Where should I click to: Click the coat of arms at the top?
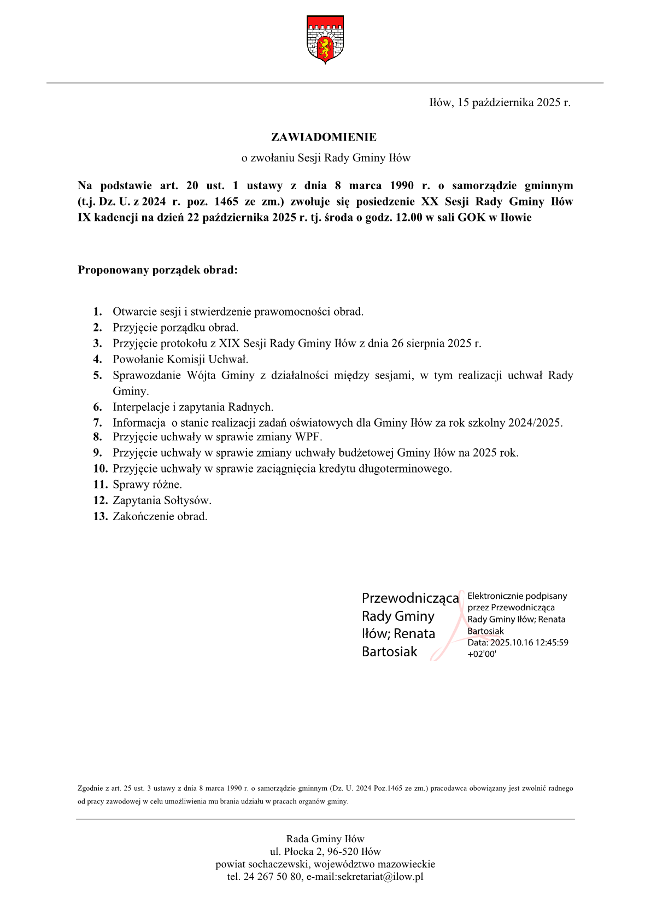(x=325, y=39)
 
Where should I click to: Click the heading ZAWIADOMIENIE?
(x=324, y=137)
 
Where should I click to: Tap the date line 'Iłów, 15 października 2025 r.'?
(x=500, y=103)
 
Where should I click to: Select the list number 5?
(x=97, y=375)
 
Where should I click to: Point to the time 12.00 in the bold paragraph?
(x=409, y=217)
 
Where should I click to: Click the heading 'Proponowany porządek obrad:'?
(x=157, y=270)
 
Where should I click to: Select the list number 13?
(x=100, y=516)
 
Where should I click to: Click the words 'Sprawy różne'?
(x=146, y=485)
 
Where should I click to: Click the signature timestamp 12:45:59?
(x=552, y=643)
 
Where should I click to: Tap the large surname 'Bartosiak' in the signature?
(x=389, y=652)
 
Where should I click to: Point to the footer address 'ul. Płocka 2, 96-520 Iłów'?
(x=325, y=852)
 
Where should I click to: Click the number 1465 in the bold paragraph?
(x=226, y=201)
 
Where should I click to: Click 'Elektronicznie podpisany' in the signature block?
(x=517, y=596)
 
